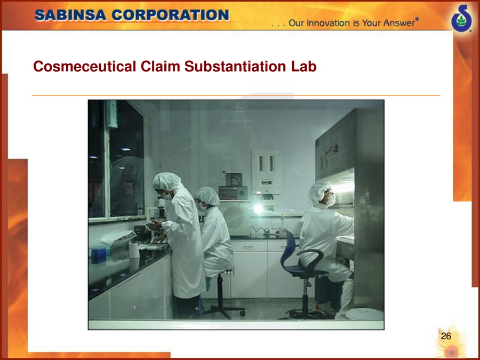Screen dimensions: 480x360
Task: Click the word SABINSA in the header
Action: (x=70, y=15)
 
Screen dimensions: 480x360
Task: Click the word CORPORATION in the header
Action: (x=170, y=15)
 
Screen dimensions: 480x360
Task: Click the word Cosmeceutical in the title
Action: (x=84, y=66)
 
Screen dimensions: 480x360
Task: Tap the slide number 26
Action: (x=446, y=336)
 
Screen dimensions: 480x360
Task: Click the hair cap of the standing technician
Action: (x=166, y=181)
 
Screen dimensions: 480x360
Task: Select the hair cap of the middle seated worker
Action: (x=207, y=196)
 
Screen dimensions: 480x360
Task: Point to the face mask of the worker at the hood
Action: (x=331, y=200)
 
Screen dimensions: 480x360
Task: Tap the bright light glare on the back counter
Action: (x=258, y=209)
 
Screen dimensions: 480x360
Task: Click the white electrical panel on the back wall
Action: (x=266, y=172)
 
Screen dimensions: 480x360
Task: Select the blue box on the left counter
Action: (x=99, y=255)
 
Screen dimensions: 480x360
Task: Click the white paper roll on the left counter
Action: (x=134, y=251)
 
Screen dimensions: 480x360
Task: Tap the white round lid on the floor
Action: (x=366, y=314)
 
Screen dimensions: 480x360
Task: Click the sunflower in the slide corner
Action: (x=451, y=345)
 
